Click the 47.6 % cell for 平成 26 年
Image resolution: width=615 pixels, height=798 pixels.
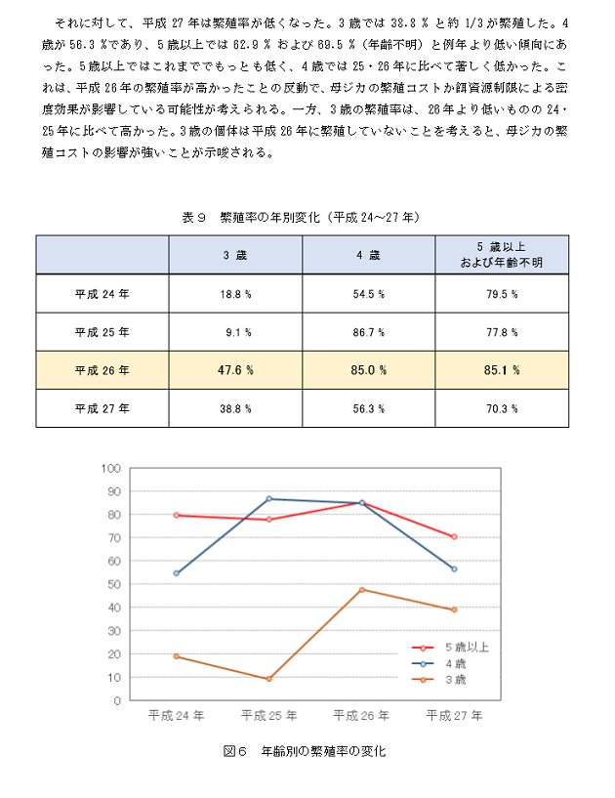235,370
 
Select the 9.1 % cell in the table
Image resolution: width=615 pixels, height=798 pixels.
235,332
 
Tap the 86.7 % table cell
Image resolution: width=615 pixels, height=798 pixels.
369,332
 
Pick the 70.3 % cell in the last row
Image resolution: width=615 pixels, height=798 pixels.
502,408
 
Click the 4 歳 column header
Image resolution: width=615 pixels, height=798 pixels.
369,255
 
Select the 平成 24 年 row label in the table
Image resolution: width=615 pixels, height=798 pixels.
102,294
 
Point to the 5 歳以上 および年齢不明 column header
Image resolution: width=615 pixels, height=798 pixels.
502,255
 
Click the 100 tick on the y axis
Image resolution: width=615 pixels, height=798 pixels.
111,468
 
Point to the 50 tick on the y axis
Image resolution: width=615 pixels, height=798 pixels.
114,584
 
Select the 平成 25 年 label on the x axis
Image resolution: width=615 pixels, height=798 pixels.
268,716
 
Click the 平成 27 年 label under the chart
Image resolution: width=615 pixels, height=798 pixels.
454,716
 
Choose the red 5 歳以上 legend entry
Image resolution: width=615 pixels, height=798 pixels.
450,648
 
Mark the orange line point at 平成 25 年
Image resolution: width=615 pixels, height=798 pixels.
269,679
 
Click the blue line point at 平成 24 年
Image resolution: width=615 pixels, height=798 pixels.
177,573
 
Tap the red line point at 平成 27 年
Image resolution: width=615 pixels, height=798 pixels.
454,537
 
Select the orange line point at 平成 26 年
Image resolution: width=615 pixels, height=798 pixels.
361,590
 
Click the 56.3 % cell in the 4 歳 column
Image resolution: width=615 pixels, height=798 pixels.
369,408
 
